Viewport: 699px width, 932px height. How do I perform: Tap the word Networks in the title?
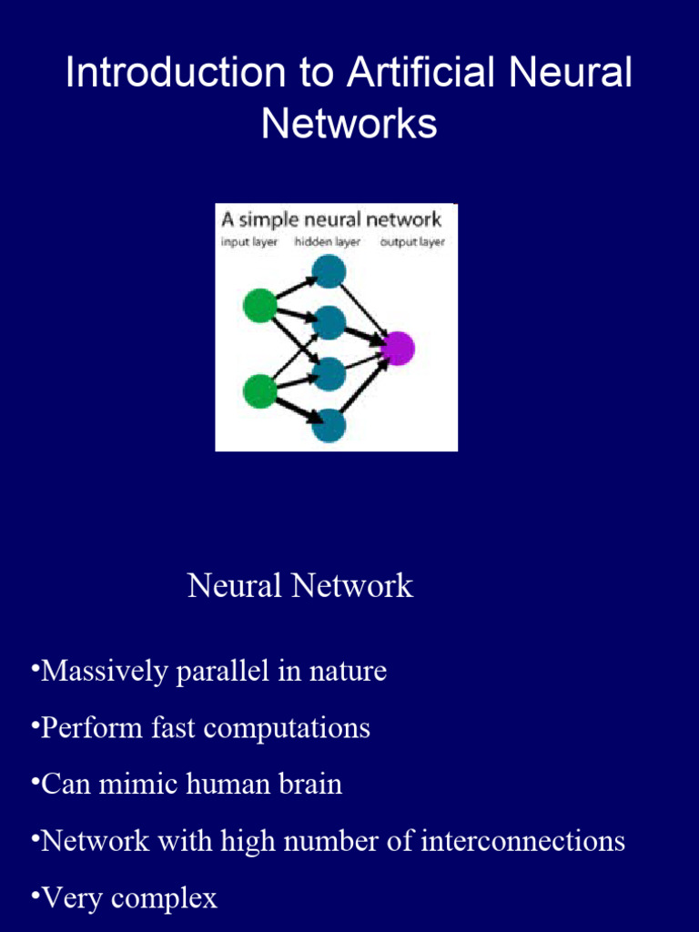pyautogui.click(x=349, y=125)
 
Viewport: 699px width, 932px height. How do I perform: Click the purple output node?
pyautogui.click(x=398, y=348)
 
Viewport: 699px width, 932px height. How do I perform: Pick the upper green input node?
pyautogui.click(x=260, y=306)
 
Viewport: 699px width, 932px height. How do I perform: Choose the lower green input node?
pyautogui.click(x=260, y=391)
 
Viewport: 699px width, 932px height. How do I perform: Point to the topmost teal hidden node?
pyautogui.click(x=329, y=271)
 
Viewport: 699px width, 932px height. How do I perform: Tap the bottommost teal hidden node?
pyautogui.click(x=329, y=425)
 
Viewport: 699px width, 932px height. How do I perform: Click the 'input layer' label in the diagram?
pyautogui.click(x=249, y=242)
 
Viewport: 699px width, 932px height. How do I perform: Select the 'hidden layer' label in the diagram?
pyautogui.click(x=328, y=242)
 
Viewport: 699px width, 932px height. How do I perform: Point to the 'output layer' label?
pyautogui.click(x=412, y=242)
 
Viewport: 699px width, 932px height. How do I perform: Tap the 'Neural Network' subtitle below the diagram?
pyautogui.click(x=300, y=586)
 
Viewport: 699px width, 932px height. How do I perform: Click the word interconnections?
pyautogui.click(x=522, y=841)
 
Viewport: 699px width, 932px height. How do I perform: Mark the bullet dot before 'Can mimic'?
pyautogui.click(x=34, y=782)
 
